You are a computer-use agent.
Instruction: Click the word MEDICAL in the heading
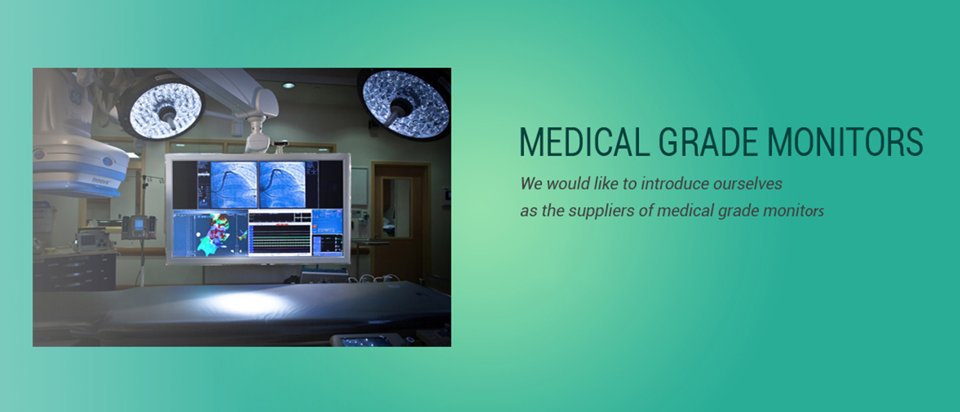[x=584, y=141]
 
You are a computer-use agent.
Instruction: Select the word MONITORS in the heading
[x=845, y=141]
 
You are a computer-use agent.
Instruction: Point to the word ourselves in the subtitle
[x=748, y=184]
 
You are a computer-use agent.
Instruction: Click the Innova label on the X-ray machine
[x=102, y=180]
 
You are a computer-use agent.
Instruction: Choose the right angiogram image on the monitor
[x=282, y=184]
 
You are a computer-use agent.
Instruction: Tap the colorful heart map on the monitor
[x=222, y=234]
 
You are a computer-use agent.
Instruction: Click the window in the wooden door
[x=396, y=208]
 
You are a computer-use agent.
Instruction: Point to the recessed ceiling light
[x=289, y=86]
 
